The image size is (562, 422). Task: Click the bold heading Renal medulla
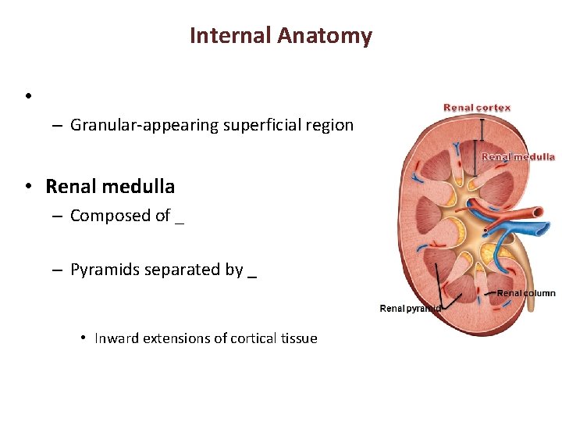tap(110, 187)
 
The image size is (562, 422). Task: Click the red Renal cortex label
tap(477, 108)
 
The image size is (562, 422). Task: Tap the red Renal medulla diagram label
tap(518, 156)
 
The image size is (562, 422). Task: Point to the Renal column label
tap(526, 293)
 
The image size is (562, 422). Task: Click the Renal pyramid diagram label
tap(411, 309)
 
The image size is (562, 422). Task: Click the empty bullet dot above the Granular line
tap(27, 96)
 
